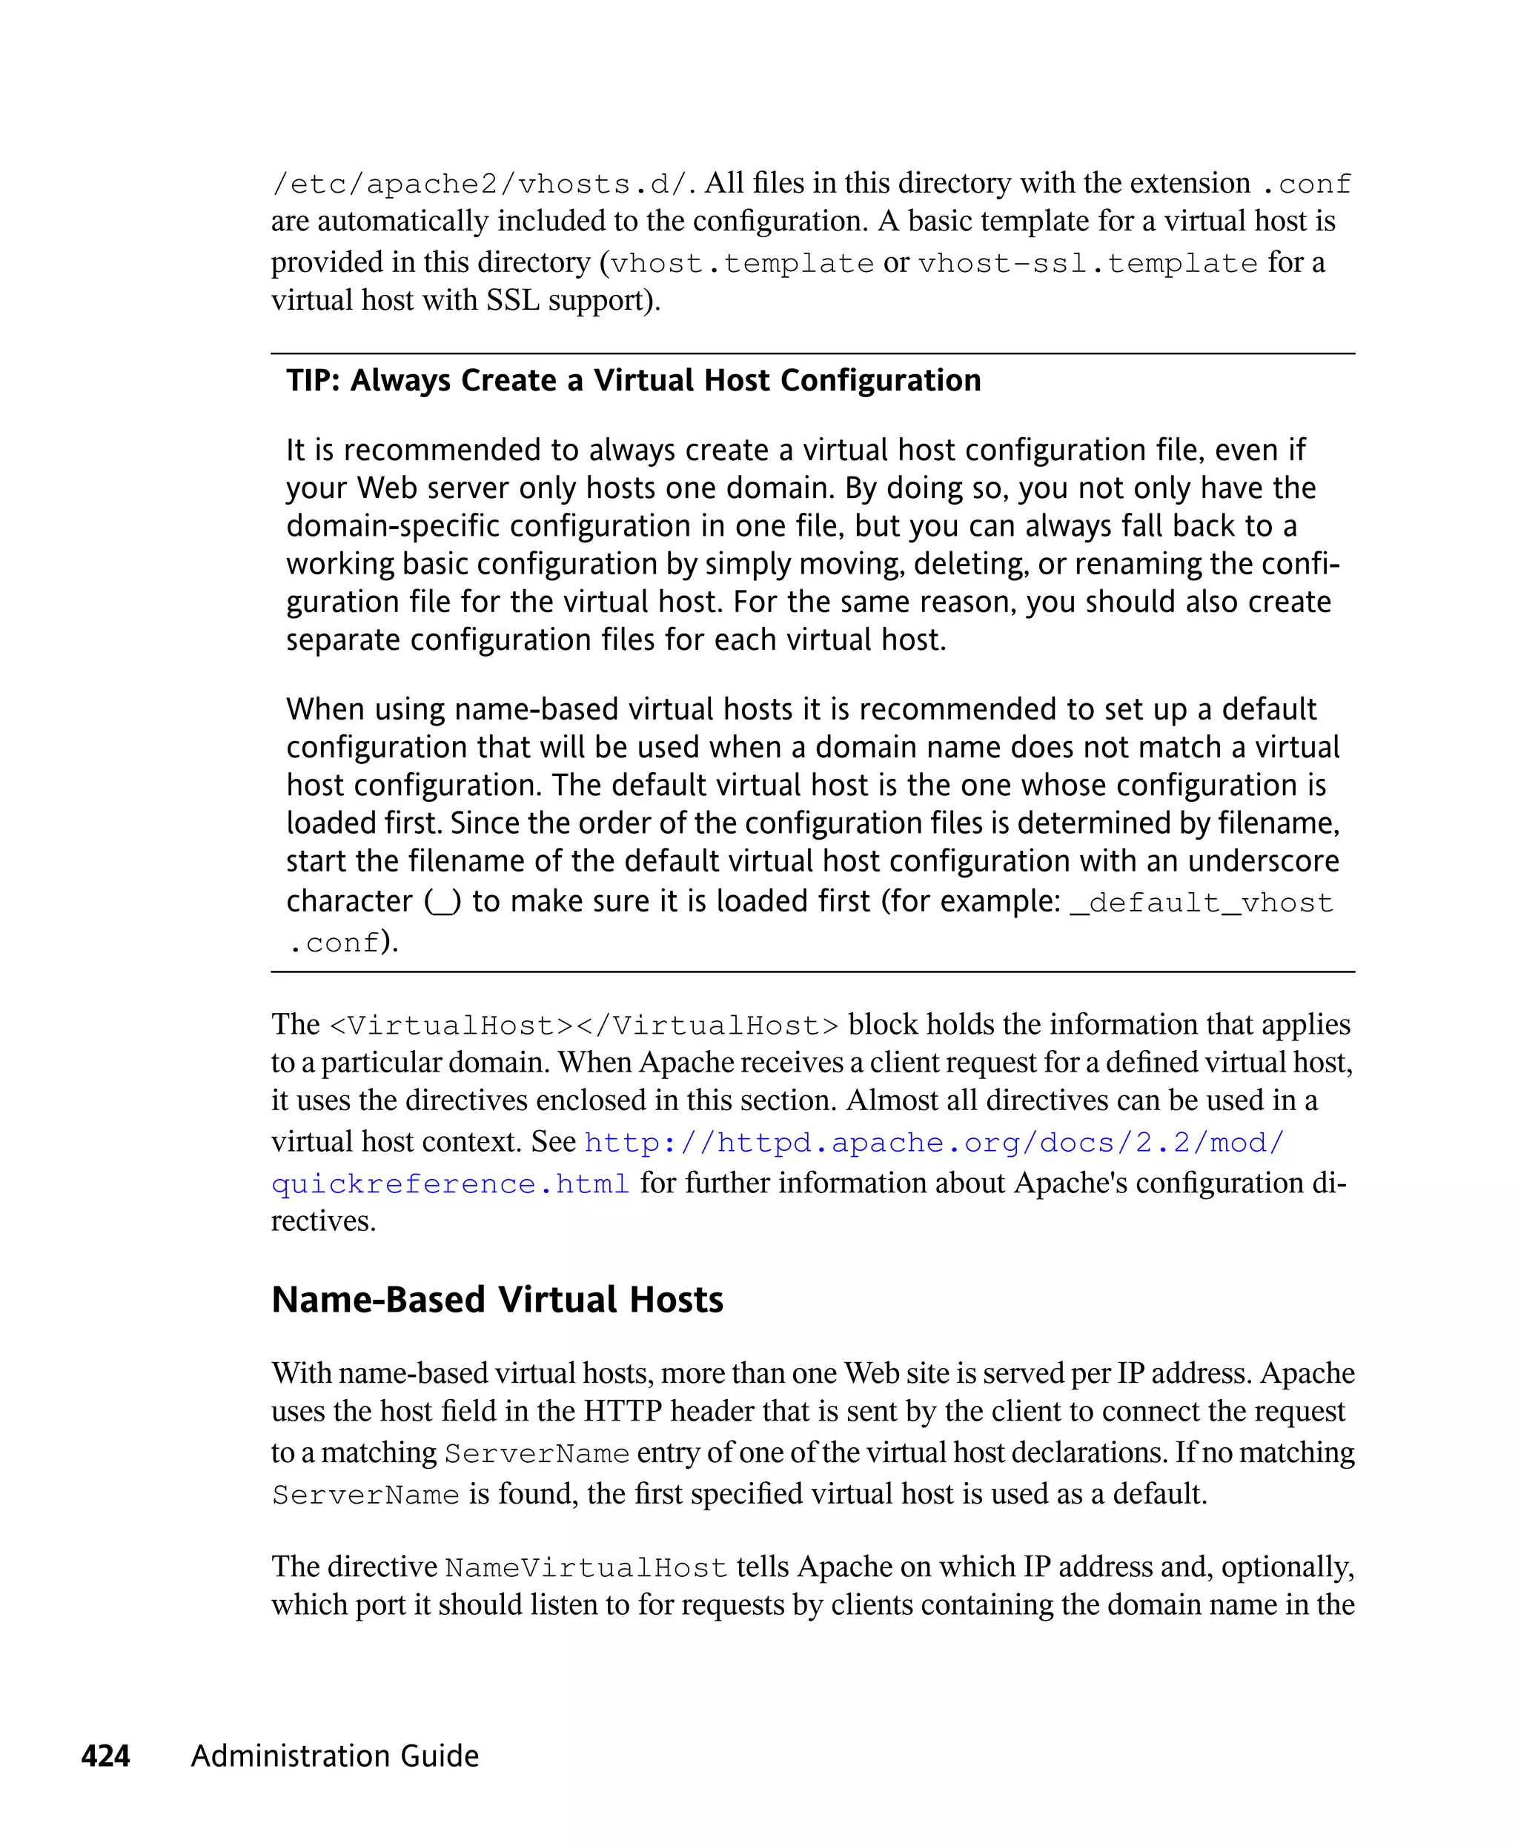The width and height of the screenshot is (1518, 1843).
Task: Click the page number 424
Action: (105, 1756)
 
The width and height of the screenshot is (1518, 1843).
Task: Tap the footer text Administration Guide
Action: (335, 1756)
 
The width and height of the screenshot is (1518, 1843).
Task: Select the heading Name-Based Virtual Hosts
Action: (497, 1299)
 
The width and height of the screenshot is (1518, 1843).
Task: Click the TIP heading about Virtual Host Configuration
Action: (633, 380)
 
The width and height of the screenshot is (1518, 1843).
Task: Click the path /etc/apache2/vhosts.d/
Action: (483, 185)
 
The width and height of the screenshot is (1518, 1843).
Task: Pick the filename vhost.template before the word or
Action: (741, 263)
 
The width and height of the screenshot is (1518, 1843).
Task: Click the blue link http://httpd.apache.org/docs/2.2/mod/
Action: (934, 1143)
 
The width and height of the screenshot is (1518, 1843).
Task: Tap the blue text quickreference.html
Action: (451, 1183)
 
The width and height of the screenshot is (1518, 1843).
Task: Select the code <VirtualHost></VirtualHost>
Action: (584, 1026)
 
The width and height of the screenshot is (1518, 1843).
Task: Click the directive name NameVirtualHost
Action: (586, 1567)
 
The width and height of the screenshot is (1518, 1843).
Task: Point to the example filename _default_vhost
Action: (1202, 903)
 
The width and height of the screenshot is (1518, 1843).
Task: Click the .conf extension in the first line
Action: (1307, 185)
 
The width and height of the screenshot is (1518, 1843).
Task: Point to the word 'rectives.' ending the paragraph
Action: (323, 1221)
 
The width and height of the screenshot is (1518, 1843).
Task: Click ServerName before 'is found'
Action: (365, 1495)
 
